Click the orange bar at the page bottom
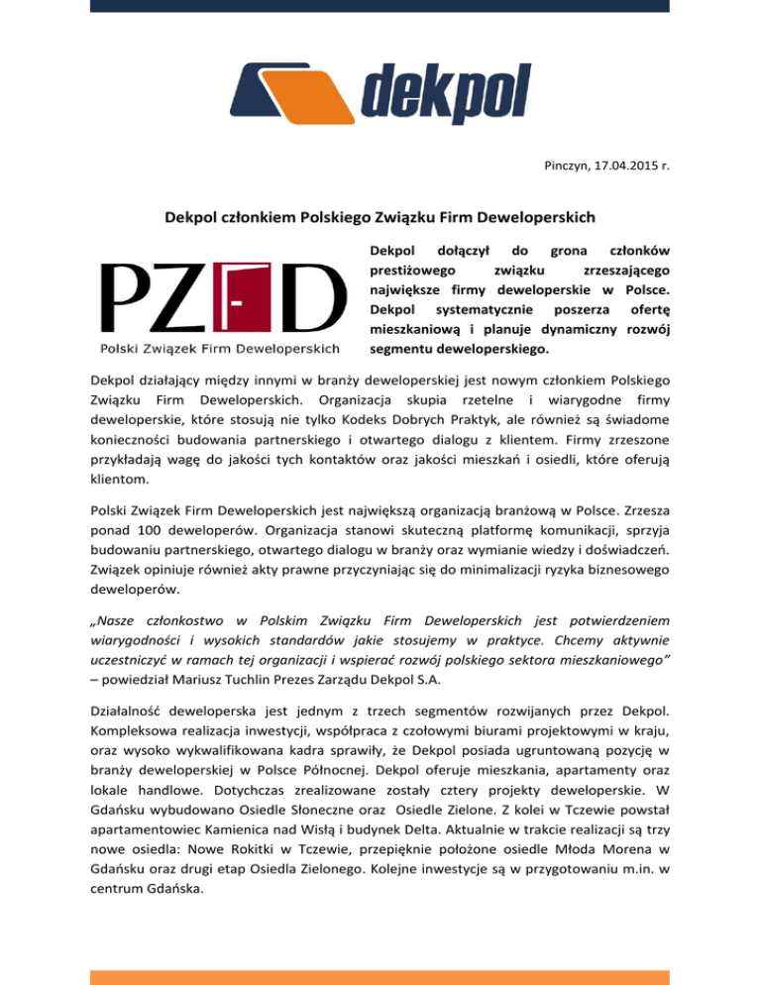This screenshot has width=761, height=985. [x=380, y=977]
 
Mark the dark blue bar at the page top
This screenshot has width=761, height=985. [x=380, y=5]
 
